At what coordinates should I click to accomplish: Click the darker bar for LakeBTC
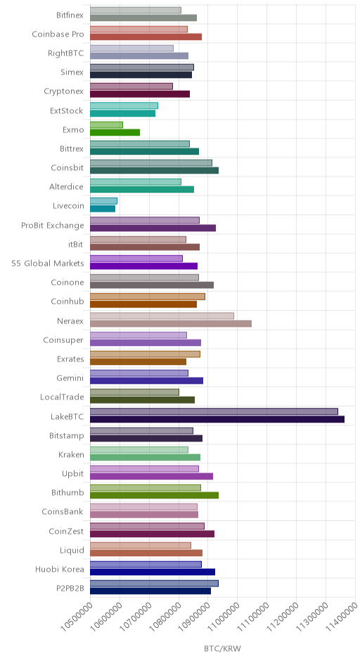(x=217, y=419)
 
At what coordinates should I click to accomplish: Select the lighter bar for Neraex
(x=162, y=316)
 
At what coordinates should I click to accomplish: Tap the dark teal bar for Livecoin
(x=103, y=209)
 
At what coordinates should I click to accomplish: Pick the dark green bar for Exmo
(x=115, y=132)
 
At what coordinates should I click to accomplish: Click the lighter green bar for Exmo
(x=106, y=124)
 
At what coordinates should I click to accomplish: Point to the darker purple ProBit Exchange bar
(x=153, y=228)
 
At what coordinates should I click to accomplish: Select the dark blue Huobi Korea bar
(x=153, y=572)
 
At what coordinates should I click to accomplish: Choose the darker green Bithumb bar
(x=154, y=495)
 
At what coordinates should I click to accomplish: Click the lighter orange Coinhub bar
(x=148, y=296)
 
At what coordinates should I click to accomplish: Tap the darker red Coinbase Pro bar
(x=146, y=37)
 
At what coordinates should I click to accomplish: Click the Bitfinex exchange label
(x=70, y=15)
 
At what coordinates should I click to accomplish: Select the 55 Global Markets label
(x=48, y=264)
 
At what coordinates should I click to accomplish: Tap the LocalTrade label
(x=62, y=397)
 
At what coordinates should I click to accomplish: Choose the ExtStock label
(x=67, y=111)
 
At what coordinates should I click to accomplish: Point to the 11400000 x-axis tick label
(x=342, y=615)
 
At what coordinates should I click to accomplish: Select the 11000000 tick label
(x=224, y=615)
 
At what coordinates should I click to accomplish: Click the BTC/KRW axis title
(x=223, y=649)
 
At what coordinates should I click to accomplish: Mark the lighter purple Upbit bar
(x=145, y=469)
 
